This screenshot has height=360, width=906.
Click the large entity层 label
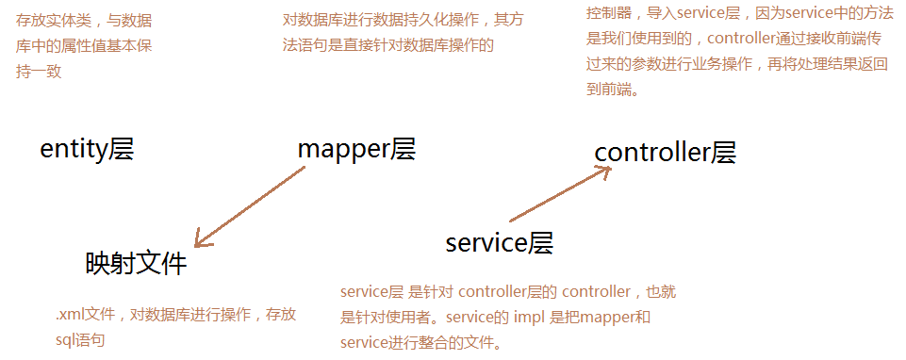88,149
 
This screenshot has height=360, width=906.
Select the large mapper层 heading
356,149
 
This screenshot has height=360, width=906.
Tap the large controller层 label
665,153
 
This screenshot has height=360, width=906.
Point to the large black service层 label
499,243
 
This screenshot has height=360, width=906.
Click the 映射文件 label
137,264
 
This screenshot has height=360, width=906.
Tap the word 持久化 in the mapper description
438,20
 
